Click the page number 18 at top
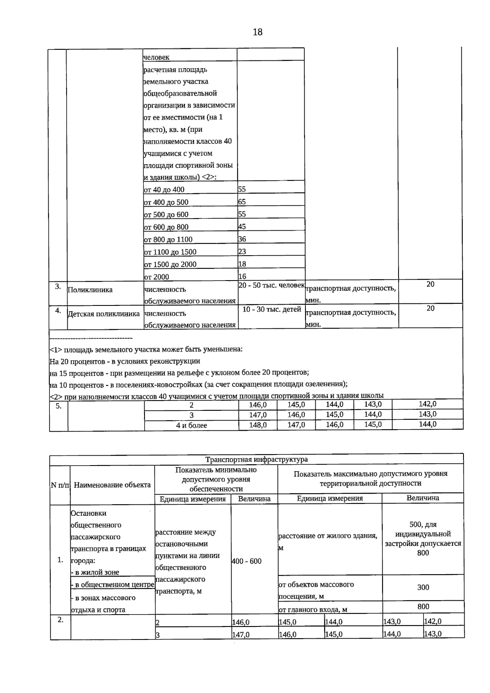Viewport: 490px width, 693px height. click(257, 32)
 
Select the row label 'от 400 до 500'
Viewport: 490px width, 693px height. click(166, 202)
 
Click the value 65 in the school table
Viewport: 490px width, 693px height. click(242, 202)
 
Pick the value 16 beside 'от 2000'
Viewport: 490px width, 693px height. click(242, 276)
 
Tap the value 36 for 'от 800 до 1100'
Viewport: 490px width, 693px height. click(242, 239)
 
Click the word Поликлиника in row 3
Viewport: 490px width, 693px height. click(90, 290)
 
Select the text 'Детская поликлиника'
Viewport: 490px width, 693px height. click(103, 314)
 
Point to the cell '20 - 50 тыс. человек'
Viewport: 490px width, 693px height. click(271, 285)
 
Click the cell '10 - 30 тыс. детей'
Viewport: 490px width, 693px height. click(272, 309)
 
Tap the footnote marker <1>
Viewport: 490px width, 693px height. click(56, 350)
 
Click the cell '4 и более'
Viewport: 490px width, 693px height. click(191, 425)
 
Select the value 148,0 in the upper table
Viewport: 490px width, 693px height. click(258, 425)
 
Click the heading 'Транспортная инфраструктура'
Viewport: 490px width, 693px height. click(256, 459)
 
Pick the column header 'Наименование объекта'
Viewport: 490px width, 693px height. click(112, 485)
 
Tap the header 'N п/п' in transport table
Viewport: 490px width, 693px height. click(60, 485)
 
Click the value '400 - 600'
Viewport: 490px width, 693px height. click(246, 561)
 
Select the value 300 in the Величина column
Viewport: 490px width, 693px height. click(423, 587)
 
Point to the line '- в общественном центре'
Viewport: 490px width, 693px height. click(112, 585)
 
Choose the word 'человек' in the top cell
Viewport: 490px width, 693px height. click(156, 57)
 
